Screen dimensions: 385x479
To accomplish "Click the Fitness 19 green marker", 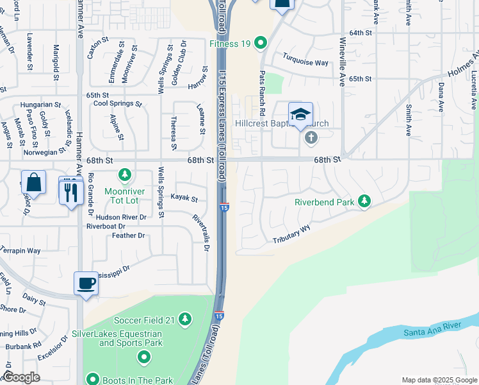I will coord(261,44).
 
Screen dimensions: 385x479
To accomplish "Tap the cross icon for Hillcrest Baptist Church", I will coord(311,137).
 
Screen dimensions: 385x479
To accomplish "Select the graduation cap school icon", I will coord(300,116).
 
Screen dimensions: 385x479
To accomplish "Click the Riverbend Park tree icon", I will coord(364,201).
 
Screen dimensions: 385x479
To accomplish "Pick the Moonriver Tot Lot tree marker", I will coord(125,175).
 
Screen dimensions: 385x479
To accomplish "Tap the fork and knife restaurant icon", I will coord(71,191).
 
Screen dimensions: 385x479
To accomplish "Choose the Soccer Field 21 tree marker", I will coord(185,319).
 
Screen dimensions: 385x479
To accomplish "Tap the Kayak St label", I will coord(184,199).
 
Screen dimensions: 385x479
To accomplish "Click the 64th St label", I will coord(361,32).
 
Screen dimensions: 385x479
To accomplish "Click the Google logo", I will coord(21,377).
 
